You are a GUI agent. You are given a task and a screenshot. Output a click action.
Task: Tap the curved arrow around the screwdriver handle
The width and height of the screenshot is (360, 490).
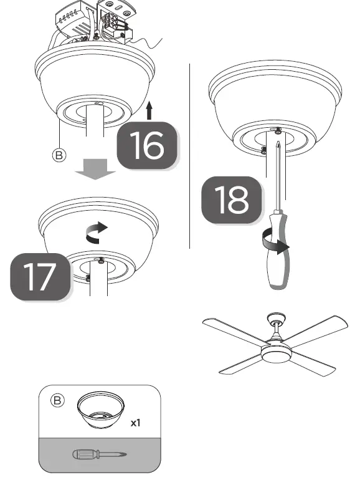pos(275,243)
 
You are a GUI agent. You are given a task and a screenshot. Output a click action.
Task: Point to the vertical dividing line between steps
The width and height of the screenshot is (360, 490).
pos(189,156)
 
